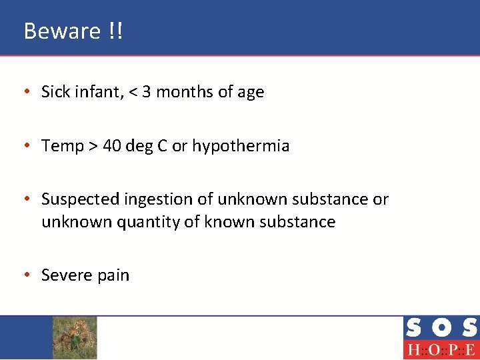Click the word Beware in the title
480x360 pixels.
61,31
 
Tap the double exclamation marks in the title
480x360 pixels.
114,31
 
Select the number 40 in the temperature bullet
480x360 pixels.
112,146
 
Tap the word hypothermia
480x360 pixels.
241,146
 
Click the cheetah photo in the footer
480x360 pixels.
75,337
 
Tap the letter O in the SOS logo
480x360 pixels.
441,329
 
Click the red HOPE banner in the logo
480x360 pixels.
441,350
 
